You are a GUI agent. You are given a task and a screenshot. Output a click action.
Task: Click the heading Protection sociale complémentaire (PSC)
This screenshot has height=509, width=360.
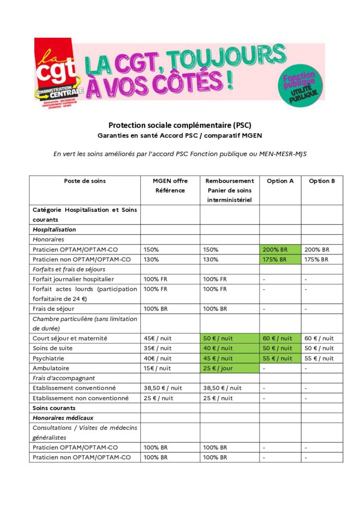click(x=180, y=125)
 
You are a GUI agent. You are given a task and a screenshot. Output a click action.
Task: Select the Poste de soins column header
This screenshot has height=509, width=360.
click(x=85, y=181)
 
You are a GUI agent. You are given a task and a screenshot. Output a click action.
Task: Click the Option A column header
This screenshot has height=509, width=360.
click(x=280, y=181)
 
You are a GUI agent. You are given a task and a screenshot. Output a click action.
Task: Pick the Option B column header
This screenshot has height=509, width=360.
click(x=322, y=181)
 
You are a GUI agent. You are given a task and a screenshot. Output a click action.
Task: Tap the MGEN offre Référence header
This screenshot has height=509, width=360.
click(x=170, y=185)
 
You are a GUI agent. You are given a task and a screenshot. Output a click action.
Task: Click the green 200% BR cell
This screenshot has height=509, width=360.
click(x=280, y=250)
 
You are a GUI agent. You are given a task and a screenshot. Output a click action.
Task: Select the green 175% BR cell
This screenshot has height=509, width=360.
click(x=280, y=259)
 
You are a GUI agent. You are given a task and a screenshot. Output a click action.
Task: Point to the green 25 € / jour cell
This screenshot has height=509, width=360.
click(x=229, y=368)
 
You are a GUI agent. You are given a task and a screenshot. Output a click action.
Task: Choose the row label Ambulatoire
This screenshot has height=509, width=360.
click(x=50, y=368)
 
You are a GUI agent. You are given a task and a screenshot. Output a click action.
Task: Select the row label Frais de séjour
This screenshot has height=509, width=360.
click(x=53, y=309)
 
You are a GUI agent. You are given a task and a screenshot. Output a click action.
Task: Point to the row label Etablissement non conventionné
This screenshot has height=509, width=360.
click(x=81, y=398)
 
